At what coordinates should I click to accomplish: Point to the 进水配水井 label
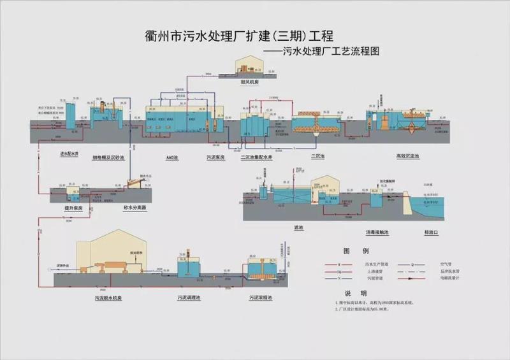(68, 154)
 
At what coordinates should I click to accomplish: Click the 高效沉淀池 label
(407, 155)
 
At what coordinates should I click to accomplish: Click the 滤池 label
(298, 227)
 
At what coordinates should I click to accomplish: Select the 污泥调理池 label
(189, 298)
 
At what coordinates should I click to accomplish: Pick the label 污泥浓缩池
(261, 298)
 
